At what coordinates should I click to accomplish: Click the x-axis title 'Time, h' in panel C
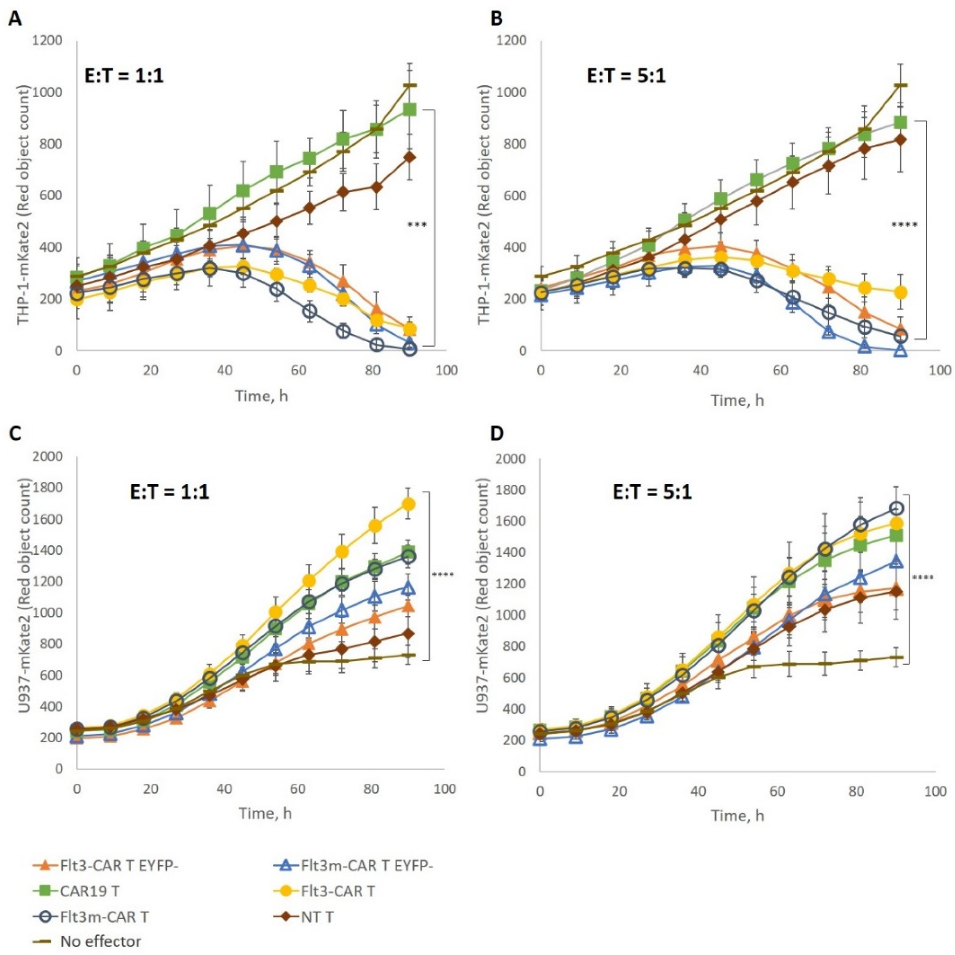pos(265,813)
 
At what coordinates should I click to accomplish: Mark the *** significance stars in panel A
pos(416,225)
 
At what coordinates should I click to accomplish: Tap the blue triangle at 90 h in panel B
pos(901,350)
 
